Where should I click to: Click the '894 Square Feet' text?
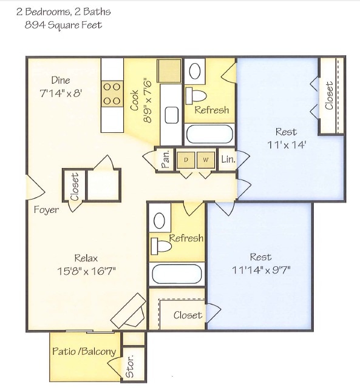63,25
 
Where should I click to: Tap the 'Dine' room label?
60,80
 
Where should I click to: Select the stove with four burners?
112,94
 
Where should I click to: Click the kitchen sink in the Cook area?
172,115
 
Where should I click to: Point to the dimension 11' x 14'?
286,145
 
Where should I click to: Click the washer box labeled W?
206,160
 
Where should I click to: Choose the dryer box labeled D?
186,160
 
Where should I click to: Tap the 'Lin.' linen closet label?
227,160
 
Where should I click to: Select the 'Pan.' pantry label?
165,160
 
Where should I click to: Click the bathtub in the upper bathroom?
209,132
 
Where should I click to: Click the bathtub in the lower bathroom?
176,274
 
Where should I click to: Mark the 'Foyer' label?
47,210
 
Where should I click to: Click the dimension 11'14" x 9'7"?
260,271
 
